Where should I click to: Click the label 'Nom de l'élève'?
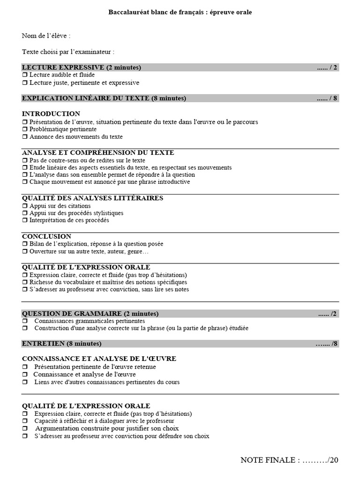[46, 36]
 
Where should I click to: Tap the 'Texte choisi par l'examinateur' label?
[68, 51]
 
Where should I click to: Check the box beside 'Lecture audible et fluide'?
[24, 75]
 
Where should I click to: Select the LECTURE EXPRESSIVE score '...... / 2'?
[327, 67]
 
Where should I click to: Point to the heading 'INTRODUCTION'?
[51, 114]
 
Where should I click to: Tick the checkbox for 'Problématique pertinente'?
[24, 129]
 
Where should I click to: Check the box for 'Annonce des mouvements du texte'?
[24, 137]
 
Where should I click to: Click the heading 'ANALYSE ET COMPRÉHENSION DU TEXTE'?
[98, 153]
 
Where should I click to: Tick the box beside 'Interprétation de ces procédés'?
[24, 220]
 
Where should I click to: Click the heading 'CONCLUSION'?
[46, 237]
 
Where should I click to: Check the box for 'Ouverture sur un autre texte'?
[24, 252]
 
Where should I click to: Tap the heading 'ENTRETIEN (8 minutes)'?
[61, 344]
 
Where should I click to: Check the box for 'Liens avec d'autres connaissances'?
[24, 382]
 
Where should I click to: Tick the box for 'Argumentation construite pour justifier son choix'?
[24, 428]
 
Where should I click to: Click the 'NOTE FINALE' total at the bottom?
[289, 460]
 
